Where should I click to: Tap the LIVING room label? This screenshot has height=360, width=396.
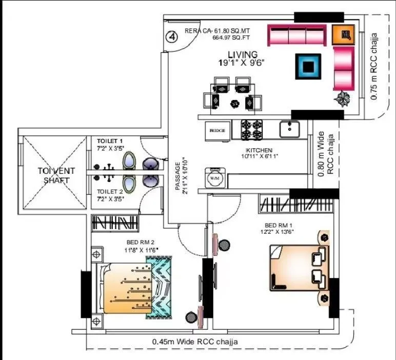243,54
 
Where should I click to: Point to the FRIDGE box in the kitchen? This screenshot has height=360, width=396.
217,130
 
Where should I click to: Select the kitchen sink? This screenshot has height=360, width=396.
290,129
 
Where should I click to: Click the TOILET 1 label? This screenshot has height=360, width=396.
110,141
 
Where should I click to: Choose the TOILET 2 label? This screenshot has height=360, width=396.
110,191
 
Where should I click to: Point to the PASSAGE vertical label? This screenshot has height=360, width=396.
177,176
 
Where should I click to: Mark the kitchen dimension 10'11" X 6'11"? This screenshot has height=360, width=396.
261,157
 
